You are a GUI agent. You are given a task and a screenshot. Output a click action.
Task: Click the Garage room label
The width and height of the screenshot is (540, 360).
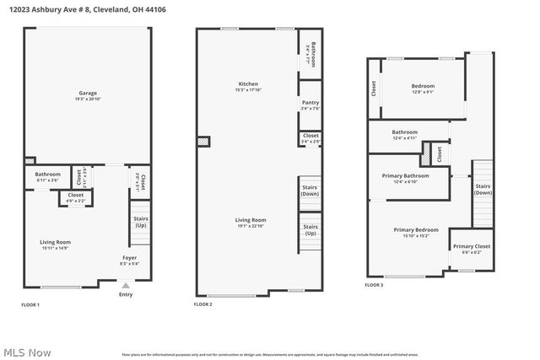pyautogui.click(x=88, y=93)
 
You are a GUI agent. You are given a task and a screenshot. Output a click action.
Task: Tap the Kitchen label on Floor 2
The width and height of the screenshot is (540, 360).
pyautogui.click(x=248, y=84)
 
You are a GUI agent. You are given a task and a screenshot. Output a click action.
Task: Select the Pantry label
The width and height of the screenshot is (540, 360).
pyautogui.click(x=310, y=103)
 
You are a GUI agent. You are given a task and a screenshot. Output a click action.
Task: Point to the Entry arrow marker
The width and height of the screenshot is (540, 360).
pyautogui.click(x=126, y=285)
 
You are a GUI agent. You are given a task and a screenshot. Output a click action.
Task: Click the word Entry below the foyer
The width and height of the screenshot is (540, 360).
pyautogui.click(x=126, y=294)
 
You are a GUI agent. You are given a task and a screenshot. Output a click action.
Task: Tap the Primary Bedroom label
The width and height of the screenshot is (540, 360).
pyautogui.click(x=416, y=229)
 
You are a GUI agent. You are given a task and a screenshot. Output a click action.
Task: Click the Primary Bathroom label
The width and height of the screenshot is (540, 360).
pyautogui.click(x=405, y=175)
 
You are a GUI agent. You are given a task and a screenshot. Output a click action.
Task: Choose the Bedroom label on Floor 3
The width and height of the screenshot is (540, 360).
pyautogui.click(x=423, y=86)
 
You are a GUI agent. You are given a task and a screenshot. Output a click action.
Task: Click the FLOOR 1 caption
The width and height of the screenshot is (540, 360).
pyautogui.click(x=30, y=304)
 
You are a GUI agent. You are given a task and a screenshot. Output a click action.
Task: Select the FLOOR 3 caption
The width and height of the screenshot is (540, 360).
pyautogui.click(x=374, y=285)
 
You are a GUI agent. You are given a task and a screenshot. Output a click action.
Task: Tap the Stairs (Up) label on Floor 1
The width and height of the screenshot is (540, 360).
pyautogui.click(x=141, y=222)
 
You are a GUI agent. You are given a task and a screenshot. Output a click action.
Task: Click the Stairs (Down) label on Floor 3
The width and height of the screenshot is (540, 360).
pyautogui.click(x=483, y=189)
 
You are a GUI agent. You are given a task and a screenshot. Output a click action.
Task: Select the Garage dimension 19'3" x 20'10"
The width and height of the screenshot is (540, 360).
pyautogui.click(x=88, y=99)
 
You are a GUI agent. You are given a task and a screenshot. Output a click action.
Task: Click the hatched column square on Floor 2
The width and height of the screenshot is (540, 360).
pyautogui.click(x=202, y=142)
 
